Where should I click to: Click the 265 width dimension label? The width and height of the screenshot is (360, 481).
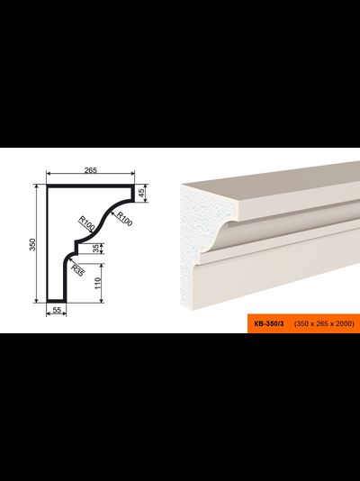point(91,170)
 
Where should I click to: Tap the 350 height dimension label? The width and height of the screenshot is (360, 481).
point(32,244)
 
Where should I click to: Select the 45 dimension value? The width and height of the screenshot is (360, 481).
point(141,193)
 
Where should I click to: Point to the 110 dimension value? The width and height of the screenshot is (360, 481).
point(98,283)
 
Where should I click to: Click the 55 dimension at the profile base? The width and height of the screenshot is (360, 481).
point(57,310)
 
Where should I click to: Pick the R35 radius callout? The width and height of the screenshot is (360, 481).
point(77,270)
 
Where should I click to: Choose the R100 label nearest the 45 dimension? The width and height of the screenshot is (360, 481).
point(124,219)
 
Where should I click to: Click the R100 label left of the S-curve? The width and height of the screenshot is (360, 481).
point(86,223)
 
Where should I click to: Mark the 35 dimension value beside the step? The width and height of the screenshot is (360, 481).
point(97,249)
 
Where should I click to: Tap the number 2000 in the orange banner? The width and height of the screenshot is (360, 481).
point(345,323)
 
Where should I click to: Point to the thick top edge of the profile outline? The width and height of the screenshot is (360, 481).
point(91,186)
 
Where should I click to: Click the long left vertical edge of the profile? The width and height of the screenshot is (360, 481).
point(48,243)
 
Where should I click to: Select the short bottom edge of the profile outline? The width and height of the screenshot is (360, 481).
point(57,301)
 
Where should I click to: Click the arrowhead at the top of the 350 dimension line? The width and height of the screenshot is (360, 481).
point(37,186)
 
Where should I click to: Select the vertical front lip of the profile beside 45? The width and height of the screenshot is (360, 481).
point(132,194)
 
